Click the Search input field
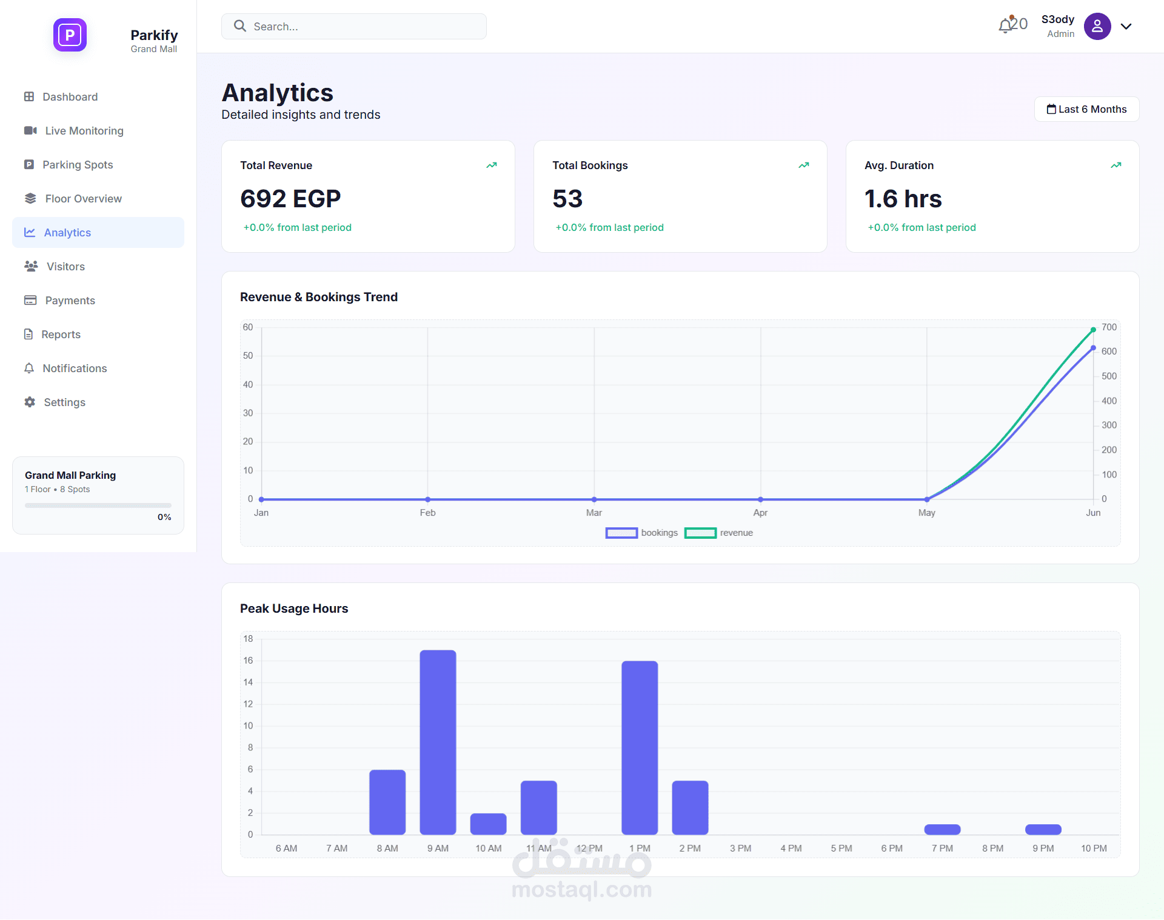(x=353, y=26)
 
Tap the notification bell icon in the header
(x=1006, y=25)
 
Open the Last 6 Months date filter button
(x=1086, y=109)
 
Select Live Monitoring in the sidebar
(x=84, y=131)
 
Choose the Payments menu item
(x=70, y=301)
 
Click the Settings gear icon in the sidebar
(x=30, y=402)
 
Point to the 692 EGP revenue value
(x=290, y=199)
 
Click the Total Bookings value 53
(x=567, y=199)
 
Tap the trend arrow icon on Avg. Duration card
(x=1115, y=165)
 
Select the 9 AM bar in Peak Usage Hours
(x=438, y=742)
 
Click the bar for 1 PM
(x=640, y=748)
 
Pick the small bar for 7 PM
(x=942, y=829)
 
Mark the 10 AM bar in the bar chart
(x=488, y=824)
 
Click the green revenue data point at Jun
(x=1093, y=330)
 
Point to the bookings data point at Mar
(x=594, y=499)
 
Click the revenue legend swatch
(x=700, y=533)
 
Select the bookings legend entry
(x=641, y=533)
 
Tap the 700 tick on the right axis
(x=1109, y=327)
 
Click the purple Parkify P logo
(x=70, y=35)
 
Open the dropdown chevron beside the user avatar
(x=1126, y=27)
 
